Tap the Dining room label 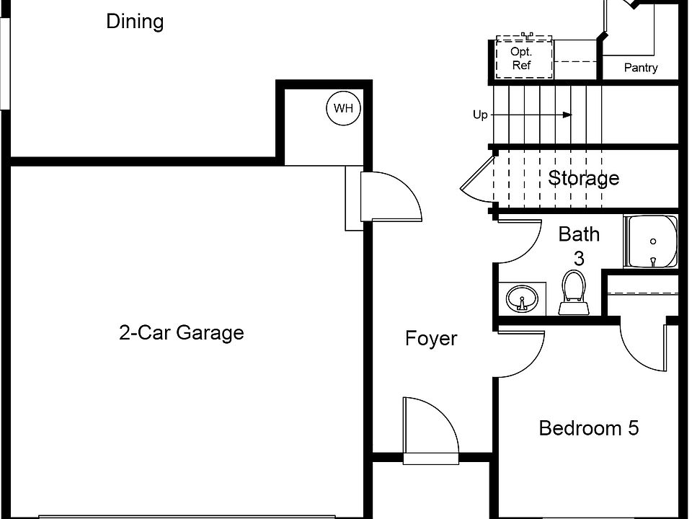click(x=135, y=21)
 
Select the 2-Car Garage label click(x=182, y=332)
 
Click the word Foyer click(x=431, y=339)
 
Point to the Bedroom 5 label click(x=589, y=428)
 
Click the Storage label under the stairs click(x=583, y=178)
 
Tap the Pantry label click(x=641, y=68)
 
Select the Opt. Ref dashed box click(x=524, y=58)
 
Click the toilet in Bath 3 click(x=574, y=293)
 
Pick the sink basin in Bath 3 click(x=522, y=298)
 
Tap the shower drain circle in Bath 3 click(x=653, y=241)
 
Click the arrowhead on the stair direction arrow click(x=567, y=115)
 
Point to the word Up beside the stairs click(x=480, y=115)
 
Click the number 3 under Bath click(x=579, y=259)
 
